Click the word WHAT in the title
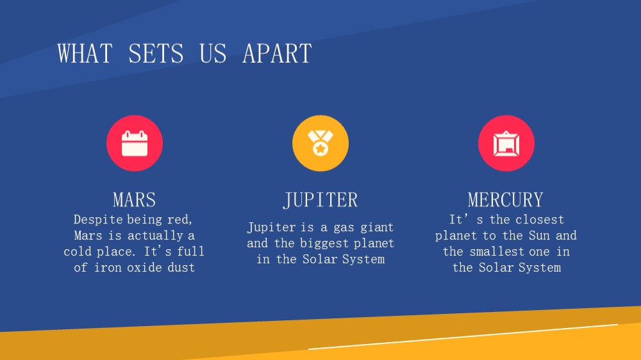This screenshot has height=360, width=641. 85,54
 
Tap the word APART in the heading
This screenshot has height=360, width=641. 277,54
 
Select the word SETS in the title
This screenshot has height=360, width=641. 156,54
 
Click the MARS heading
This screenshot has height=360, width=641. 135,200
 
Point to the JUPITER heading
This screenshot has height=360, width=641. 320,200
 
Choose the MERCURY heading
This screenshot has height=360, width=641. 506,200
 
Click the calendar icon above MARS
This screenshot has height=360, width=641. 135,143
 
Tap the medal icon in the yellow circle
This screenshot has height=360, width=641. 320,143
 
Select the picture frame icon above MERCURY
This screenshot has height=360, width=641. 506,143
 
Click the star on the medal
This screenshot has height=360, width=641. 320,149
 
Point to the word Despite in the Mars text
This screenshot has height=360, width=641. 98,220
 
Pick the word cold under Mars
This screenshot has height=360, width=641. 78,251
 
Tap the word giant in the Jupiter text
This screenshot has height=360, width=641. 378,227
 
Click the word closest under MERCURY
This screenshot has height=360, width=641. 540,220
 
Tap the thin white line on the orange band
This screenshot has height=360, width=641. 463,337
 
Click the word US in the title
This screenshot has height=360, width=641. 213,54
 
